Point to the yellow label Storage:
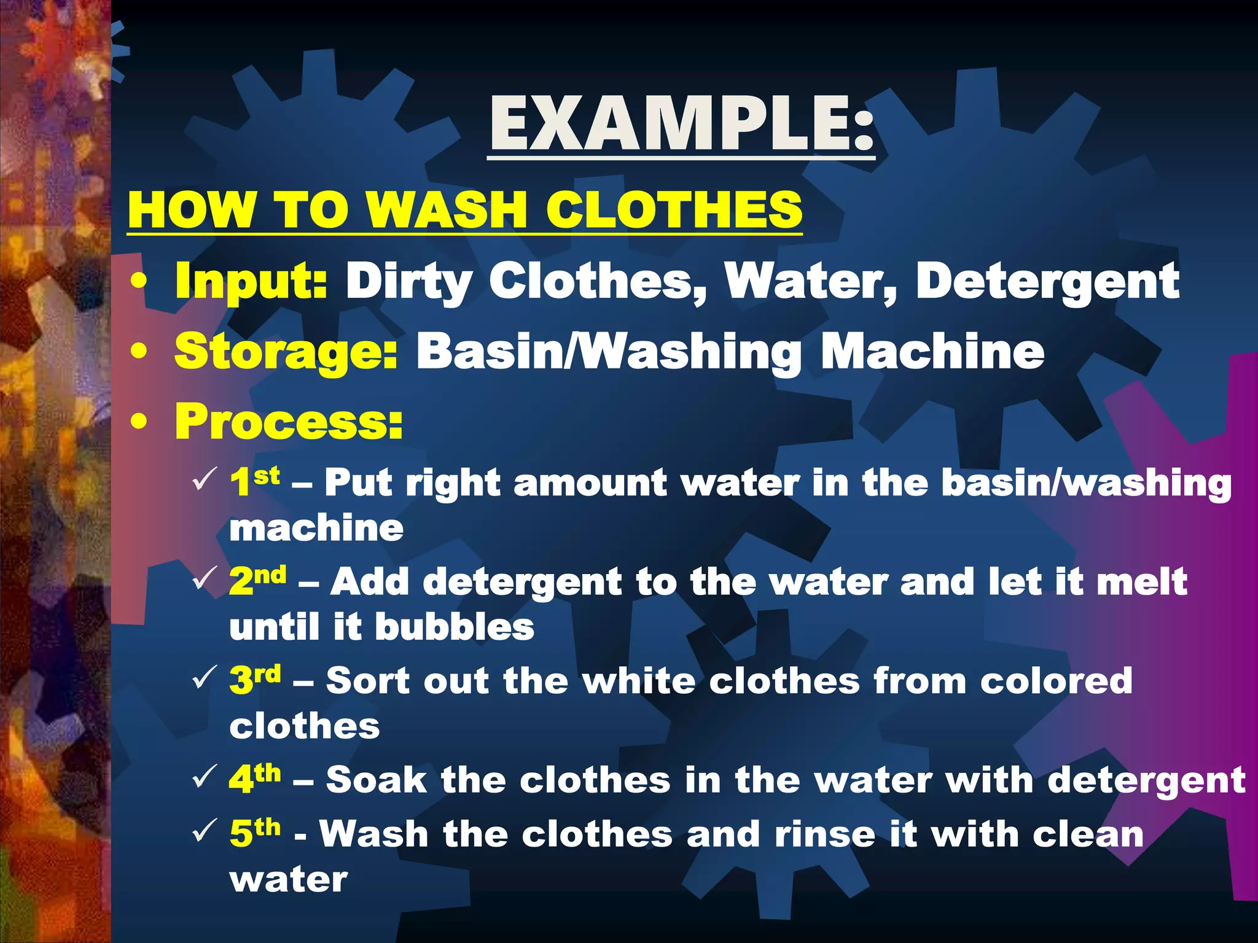tap(286, 352)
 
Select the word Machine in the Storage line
tap(932, 352)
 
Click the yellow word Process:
tap(289, 422)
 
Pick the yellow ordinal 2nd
tap(257, 580)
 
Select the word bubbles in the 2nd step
tap(455, 627)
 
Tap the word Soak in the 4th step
tap(376, 780)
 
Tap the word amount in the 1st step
tap(590, 483)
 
